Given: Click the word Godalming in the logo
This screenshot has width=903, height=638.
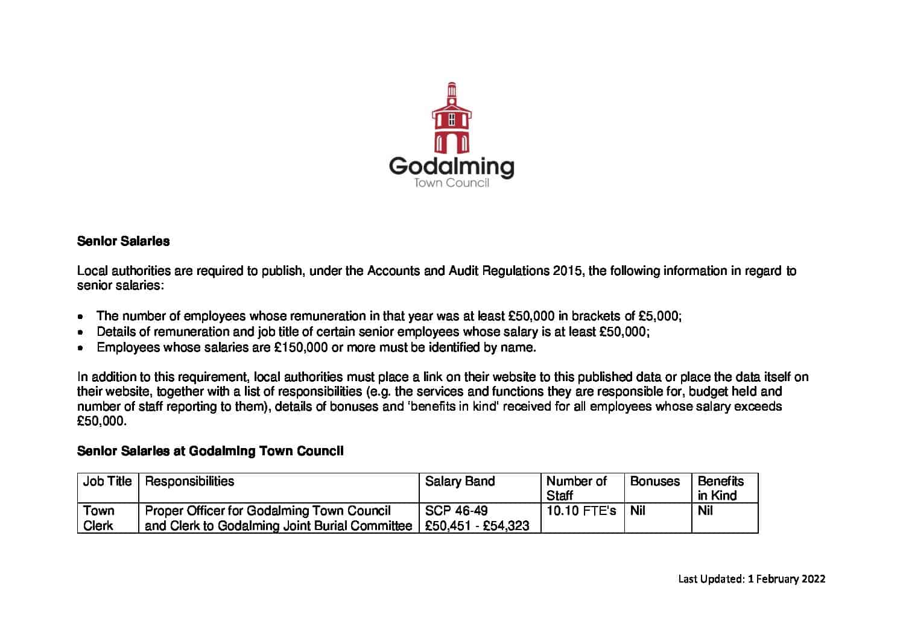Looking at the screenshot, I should click(451, 166).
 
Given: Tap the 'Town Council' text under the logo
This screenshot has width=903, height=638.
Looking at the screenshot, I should click(451, 183).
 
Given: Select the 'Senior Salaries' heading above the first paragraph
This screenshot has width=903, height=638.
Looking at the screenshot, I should click(123, 241).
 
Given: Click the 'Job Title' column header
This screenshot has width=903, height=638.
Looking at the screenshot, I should click(107, 481).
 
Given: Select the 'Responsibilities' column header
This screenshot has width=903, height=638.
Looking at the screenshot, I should click(189, 481).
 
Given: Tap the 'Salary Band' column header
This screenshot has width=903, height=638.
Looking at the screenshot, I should click(460, 481).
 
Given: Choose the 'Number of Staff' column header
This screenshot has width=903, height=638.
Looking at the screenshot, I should click(576, 488).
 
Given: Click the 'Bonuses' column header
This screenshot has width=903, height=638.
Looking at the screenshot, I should click(654, 481).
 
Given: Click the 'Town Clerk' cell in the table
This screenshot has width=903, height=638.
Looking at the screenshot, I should click(98, 518).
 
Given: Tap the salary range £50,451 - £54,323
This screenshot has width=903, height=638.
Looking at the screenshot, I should click(477, 526).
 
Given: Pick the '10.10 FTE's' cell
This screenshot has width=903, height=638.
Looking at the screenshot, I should click(581, 511).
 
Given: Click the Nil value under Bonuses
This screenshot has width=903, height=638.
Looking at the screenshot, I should click(638, 511).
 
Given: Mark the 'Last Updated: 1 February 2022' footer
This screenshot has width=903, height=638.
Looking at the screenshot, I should click(752, 579).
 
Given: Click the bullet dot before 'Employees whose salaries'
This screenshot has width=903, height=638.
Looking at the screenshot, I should click(81, 348).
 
